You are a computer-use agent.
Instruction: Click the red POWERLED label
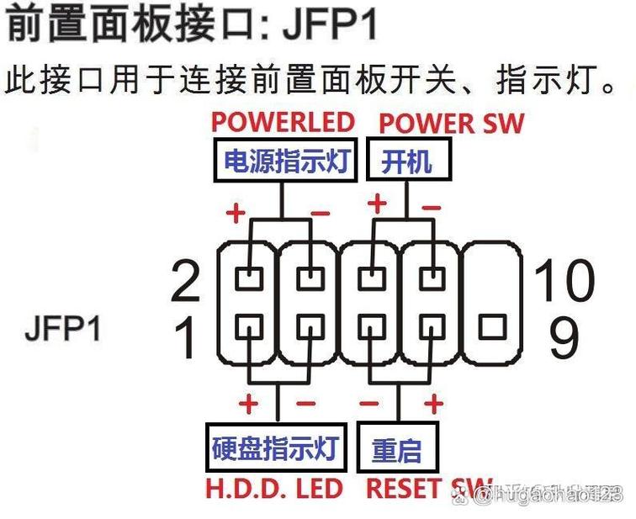click(282, 122)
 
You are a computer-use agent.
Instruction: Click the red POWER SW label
click(452, 123)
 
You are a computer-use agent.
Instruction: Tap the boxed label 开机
click(406, 160)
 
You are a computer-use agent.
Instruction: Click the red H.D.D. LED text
click(274, 489)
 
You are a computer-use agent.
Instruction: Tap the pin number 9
click(564, 336)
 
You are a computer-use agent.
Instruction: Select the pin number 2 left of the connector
click(186, 282)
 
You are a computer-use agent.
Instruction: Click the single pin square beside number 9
click(491, 326)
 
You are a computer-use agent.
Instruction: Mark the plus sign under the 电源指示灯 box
click(236, 213)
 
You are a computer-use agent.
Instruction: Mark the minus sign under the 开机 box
click(431, 206)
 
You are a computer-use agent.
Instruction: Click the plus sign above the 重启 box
click(433, 405)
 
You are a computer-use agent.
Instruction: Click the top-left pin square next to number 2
click(249, 276)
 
